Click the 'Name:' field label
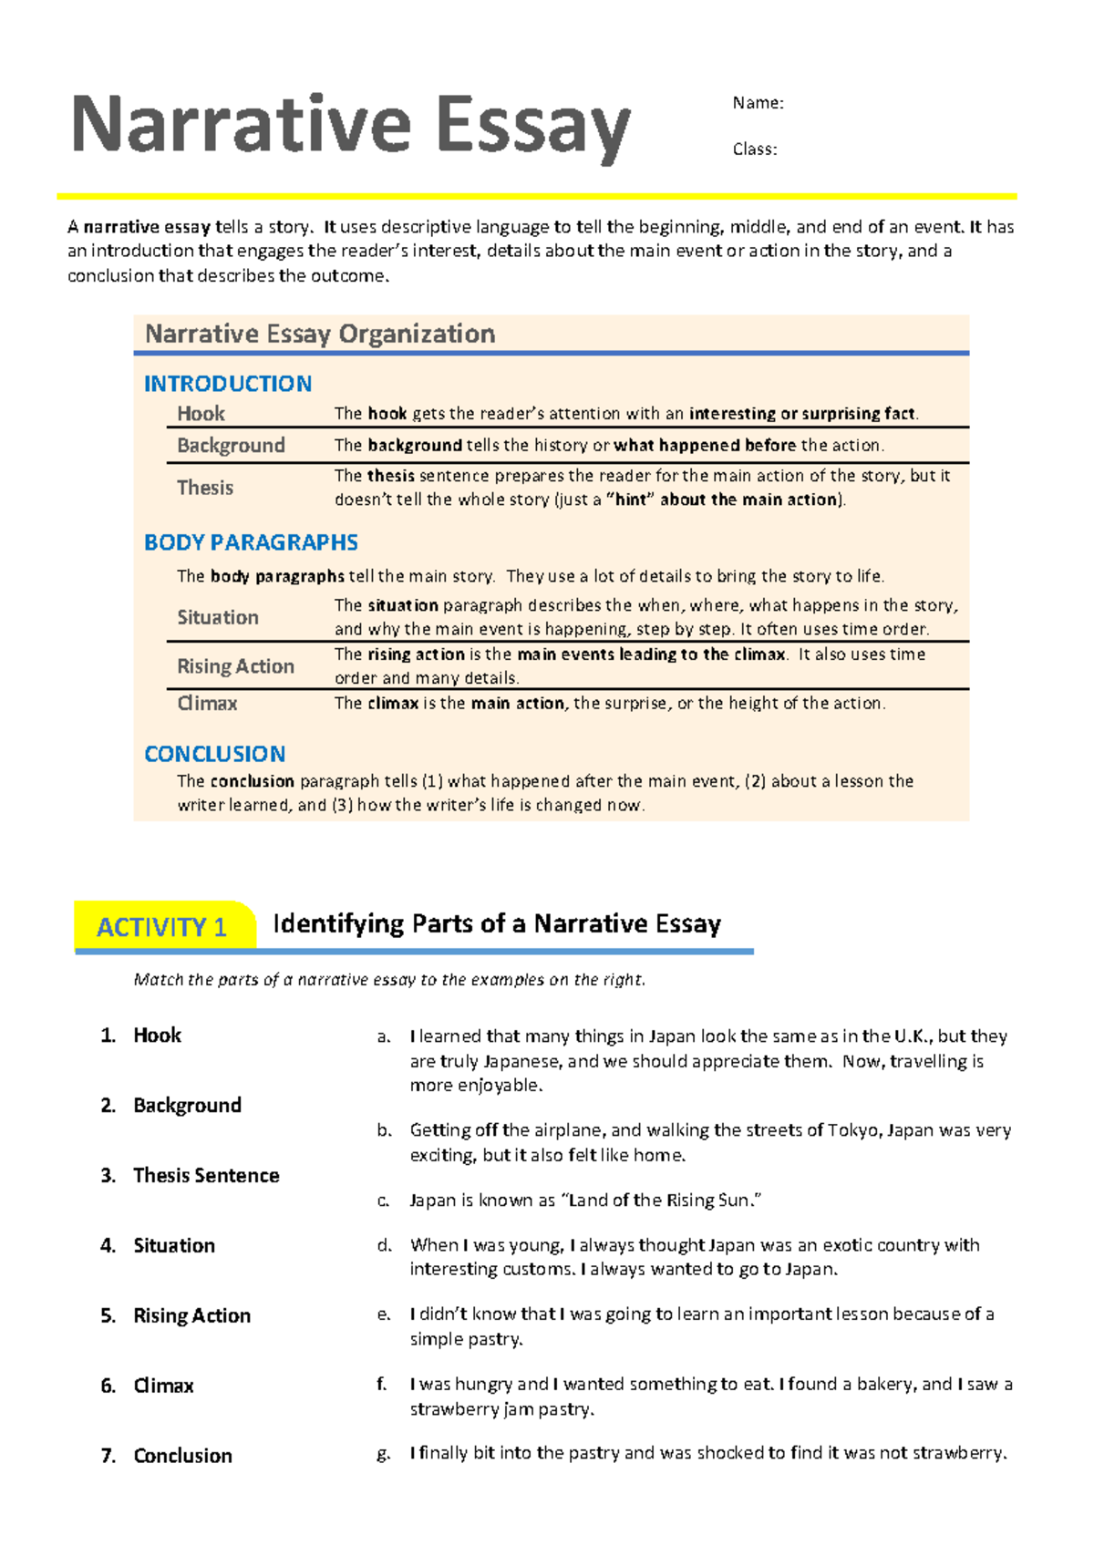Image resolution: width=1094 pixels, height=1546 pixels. point(758,103)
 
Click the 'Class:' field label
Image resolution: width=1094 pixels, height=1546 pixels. point(755,149)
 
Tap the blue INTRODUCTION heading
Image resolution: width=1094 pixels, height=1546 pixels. point(228,384)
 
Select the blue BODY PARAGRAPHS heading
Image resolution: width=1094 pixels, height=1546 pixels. point(251,542)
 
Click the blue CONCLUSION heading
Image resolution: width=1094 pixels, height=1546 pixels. point(215,754)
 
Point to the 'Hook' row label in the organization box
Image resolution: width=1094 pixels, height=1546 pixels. point(201,414)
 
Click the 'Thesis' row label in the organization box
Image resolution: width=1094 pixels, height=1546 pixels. point(205,488)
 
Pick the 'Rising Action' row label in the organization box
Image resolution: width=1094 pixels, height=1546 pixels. point(235,666)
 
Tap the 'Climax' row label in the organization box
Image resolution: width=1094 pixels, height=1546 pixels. point(207,704)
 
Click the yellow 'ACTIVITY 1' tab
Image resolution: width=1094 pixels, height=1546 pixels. point(162,927)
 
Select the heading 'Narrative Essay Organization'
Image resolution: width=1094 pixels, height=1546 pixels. point(320,335)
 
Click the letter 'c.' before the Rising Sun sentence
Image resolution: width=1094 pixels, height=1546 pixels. point(384,1201)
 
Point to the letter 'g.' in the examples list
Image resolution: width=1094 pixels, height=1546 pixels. point(384,1454)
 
